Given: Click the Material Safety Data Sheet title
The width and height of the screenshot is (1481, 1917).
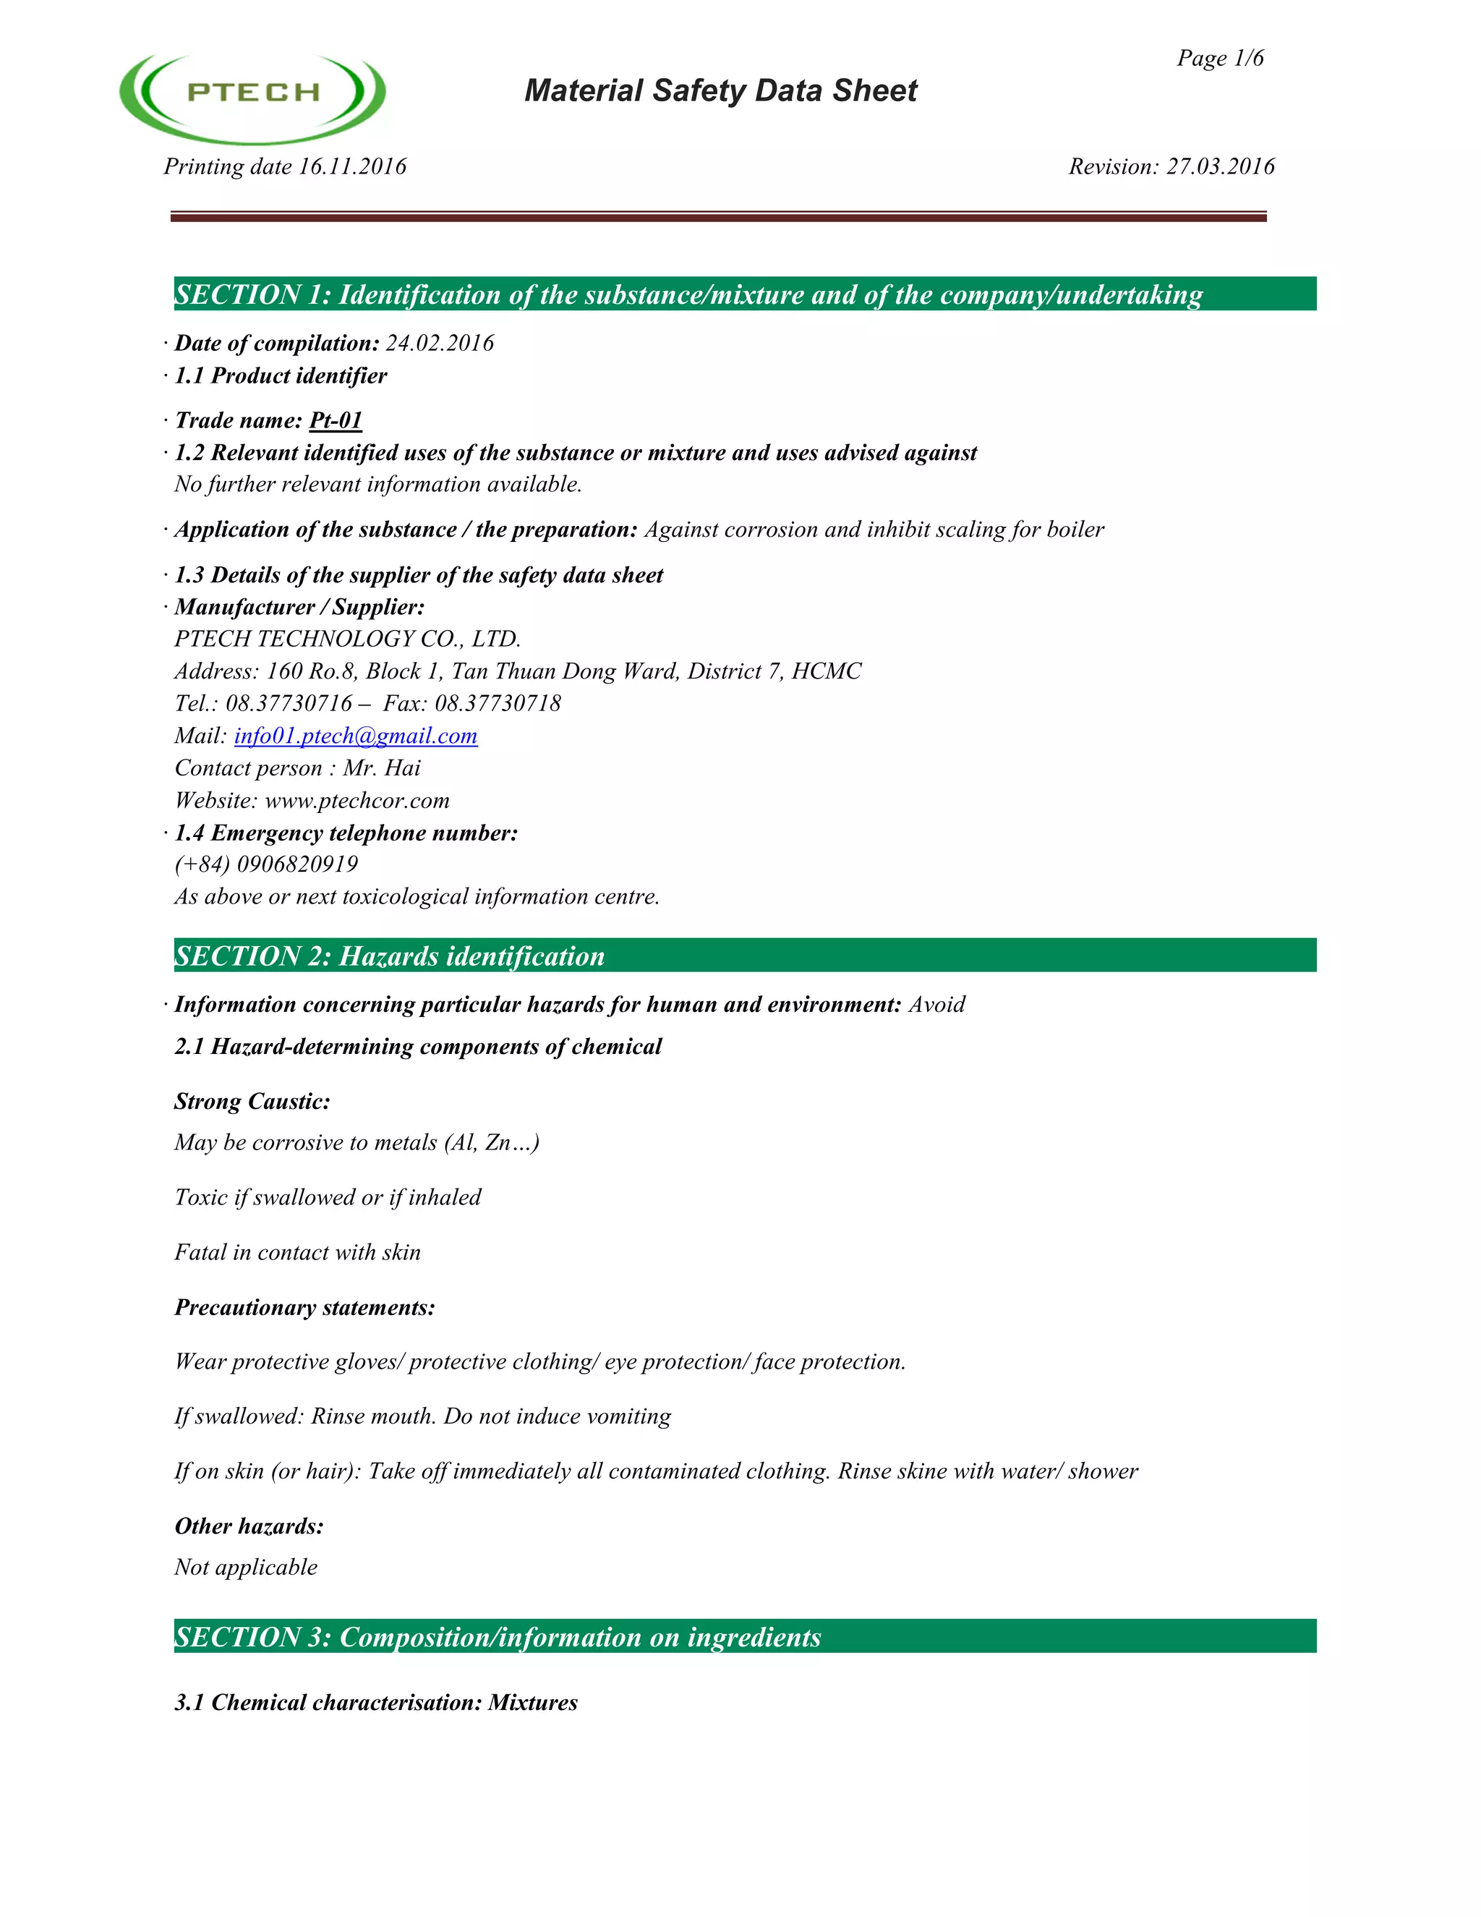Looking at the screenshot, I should point(720,90).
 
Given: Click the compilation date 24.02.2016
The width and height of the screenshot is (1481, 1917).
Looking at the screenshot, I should point(440,343).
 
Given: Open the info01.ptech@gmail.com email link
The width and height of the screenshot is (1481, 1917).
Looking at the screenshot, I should point(355,736).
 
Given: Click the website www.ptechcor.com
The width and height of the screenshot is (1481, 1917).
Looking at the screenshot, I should point(357,801).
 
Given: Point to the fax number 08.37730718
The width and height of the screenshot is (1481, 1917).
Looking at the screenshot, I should point(498,703).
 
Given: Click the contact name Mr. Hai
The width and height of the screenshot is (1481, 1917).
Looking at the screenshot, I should point(382,768).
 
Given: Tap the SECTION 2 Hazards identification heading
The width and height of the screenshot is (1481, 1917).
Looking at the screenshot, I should point(390,956).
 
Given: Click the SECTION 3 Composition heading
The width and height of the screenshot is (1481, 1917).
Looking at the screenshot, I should point(498,1637).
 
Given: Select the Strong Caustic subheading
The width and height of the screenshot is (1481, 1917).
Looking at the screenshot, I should point(252,1102).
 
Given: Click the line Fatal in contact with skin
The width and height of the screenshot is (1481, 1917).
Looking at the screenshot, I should point(297,1252).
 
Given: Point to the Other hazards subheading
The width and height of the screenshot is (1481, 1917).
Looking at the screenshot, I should point(249,1526).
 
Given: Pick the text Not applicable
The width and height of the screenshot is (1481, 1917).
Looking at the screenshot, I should point(246,1567).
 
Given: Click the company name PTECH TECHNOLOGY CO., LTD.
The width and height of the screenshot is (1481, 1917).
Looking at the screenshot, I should point(347,639).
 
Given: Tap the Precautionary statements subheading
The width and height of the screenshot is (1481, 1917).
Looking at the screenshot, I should point(304,1308).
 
